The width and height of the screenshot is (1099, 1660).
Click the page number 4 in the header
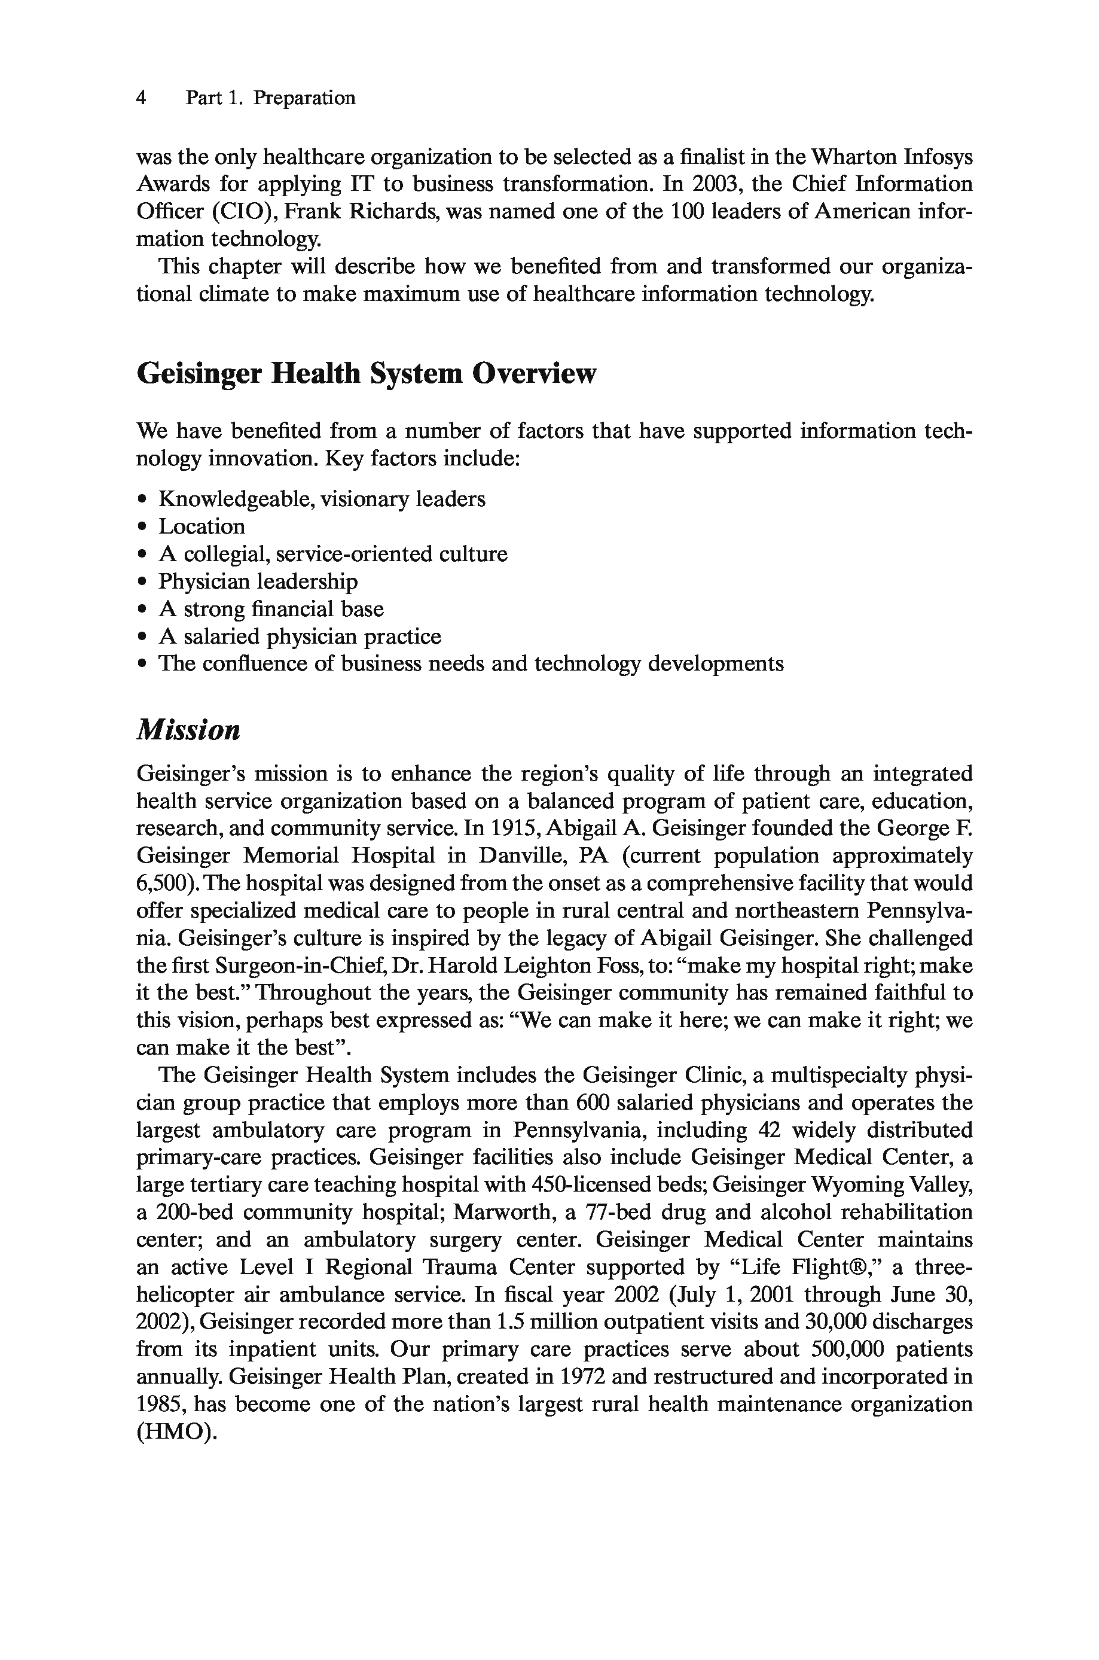141,98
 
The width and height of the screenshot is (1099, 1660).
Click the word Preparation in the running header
304,98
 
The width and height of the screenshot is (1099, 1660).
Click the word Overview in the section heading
533,374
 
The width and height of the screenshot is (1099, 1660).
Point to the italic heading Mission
188,730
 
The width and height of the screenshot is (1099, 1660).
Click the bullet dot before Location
143,527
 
